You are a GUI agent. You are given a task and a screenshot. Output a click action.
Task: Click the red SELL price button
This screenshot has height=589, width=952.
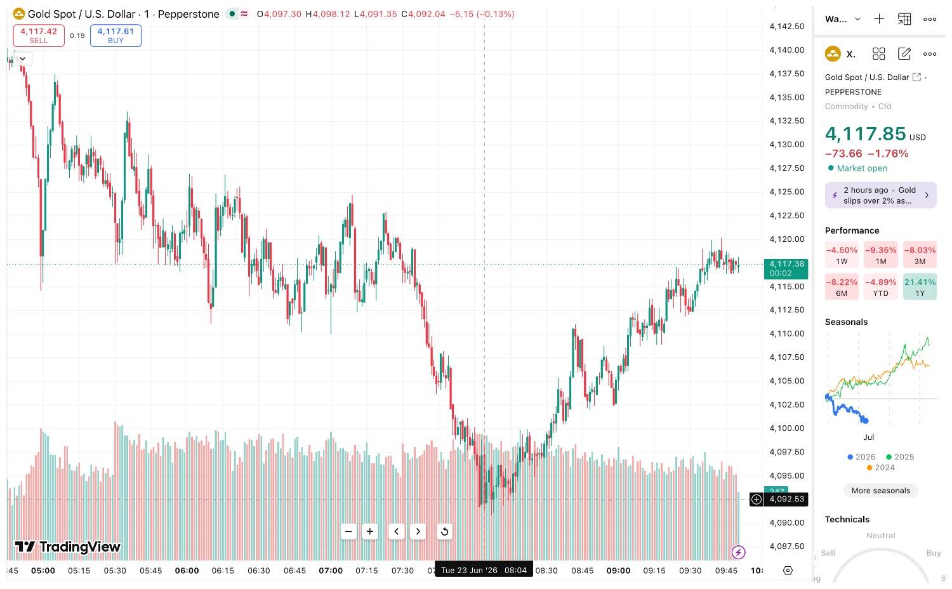(39, 36)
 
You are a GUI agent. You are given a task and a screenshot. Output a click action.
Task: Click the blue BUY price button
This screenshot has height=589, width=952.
(116, 36)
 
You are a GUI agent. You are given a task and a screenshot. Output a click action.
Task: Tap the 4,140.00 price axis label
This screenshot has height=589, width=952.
(787, 50)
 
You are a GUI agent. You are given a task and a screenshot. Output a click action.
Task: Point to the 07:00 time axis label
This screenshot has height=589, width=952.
(331, 571)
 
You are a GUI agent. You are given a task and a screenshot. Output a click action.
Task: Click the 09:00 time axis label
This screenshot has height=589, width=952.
(618, 571)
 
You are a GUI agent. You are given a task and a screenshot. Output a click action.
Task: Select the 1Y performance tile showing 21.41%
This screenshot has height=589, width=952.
(920, 287)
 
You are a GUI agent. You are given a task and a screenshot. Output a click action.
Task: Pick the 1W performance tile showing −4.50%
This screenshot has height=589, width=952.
(842, 255)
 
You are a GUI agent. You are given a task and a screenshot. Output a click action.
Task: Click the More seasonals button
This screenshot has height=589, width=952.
(881, 491)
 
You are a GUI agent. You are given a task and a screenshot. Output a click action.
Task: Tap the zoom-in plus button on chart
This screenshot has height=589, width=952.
(370, 531)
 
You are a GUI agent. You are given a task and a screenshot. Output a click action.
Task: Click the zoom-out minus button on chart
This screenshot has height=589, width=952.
(348, 531)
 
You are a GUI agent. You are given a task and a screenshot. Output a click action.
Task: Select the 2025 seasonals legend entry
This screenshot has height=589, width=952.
(900, 457)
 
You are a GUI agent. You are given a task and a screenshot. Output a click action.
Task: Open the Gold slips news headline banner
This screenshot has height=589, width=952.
(881, 195)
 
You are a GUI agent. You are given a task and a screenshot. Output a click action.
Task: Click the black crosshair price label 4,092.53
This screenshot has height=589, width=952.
(786, 499)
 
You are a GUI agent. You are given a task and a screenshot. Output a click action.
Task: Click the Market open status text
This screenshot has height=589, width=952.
(862, 168)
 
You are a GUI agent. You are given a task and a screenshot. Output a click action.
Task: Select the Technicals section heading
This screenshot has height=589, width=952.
(847, 519)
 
